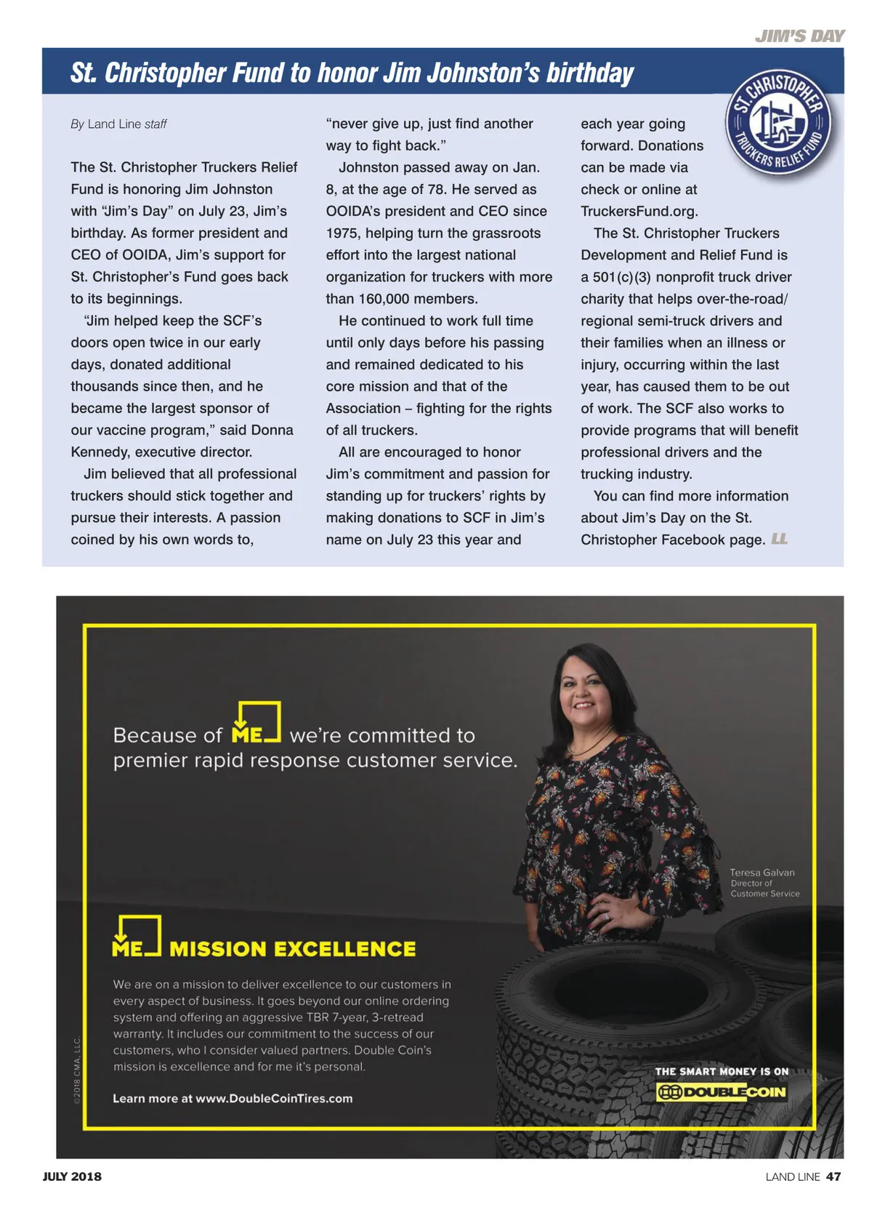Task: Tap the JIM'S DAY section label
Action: (x=799, y=36)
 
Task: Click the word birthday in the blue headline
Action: (x=590, y=73)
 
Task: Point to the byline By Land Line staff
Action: (x=118, y=124)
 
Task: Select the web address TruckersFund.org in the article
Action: (x=639, y=212)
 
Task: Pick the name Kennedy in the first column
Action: (x=100, y=452)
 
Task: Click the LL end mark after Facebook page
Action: (x=779, y=539)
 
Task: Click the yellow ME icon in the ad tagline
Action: (x=256, y=724)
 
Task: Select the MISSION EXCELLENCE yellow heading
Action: (x=292, y=949)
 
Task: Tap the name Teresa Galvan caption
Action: (x=762, y=873)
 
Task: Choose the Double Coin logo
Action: (x=721, y=1092)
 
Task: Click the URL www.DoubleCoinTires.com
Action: (x=274, y=1098)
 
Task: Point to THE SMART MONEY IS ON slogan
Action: (x=722, y=1071)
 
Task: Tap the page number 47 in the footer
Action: (x=833, y=1177)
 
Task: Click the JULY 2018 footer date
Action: (x=72, y=1177)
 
